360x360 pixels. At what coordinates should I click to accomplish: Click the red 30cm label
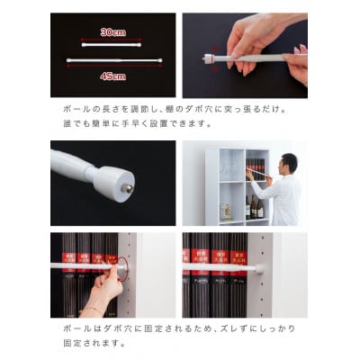click(112, 31)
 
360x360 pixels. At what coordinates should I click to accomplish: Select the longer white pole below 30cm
click(112, 62)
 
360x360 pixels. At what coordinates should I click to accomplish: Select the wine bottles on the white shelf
click(256, 208)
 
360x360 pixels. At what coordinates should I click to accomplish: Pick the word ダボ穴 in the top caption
click(202, 109)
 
